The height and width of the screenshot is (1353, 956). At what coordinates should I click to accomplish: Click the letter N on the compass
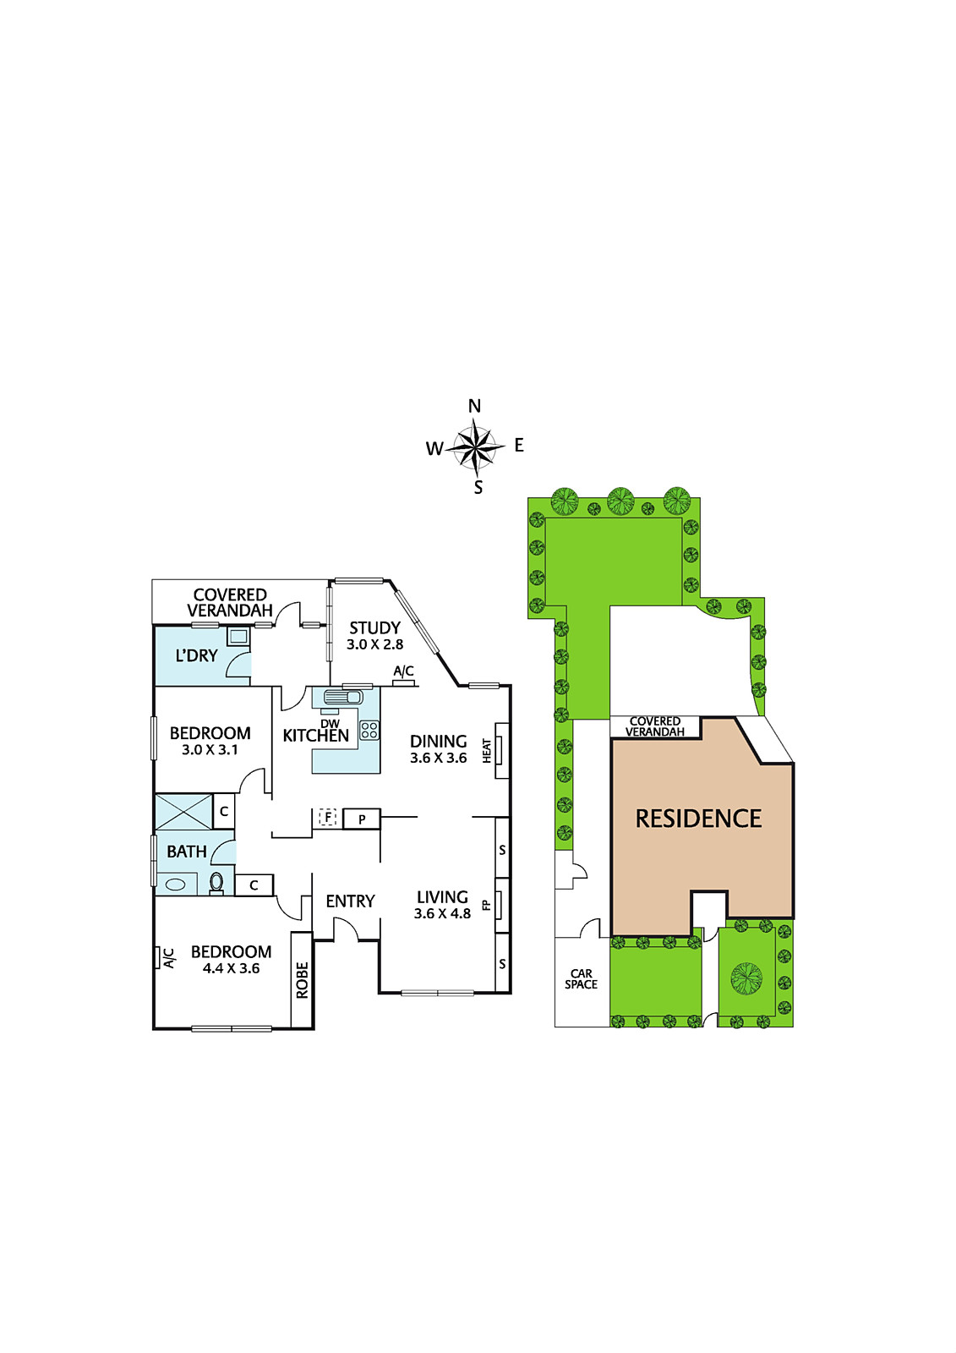[475, 407]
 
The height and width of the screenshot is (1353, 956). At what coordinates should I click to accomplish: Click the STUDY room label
[374, 628]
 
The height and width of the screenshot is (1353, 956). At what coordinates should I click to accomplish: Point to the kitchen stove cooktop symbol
[369, 730]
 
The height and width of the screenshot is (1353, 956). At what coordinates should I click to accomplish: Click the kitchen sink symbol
[343, 698]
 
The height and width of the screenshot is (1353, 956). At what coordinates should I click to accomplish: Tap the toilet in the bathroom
[216, 883]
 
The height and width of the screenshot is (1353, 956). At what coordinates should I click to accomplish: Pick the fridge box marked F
[327, 818]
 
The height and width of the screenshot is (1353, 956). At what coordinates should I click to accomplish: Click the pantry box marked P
[362, 819]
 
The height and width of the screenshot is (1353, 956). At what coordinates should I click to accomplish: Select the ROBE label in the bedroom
[302, 979]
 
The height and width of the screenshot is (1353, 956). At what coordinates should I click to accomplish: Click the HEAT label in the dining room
[487, 751]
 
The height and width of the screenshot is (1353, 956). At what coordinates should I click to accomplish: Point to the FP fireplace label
[486, 904]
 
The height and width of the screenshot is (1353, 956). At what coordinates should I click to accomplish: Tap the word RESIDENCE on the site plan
[698, 819]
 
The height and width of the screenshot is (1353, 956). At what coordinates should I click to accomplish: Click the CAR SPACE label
[581, 979]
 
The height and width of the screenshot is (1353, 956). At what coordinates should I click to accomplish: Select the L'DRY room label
[196, 655]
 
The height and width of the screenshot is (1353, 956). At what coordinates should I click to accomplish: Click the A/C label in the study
[403, 671]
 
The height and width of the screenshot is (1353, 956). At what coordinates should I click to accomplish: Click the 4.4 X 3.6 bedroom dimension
[232, 968]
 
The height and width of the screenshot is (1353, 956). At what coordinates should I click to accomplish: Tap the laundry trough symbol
[238, 637]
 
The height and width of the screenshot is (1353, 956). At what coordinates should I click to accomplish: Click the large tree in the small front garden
[746, 978]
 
